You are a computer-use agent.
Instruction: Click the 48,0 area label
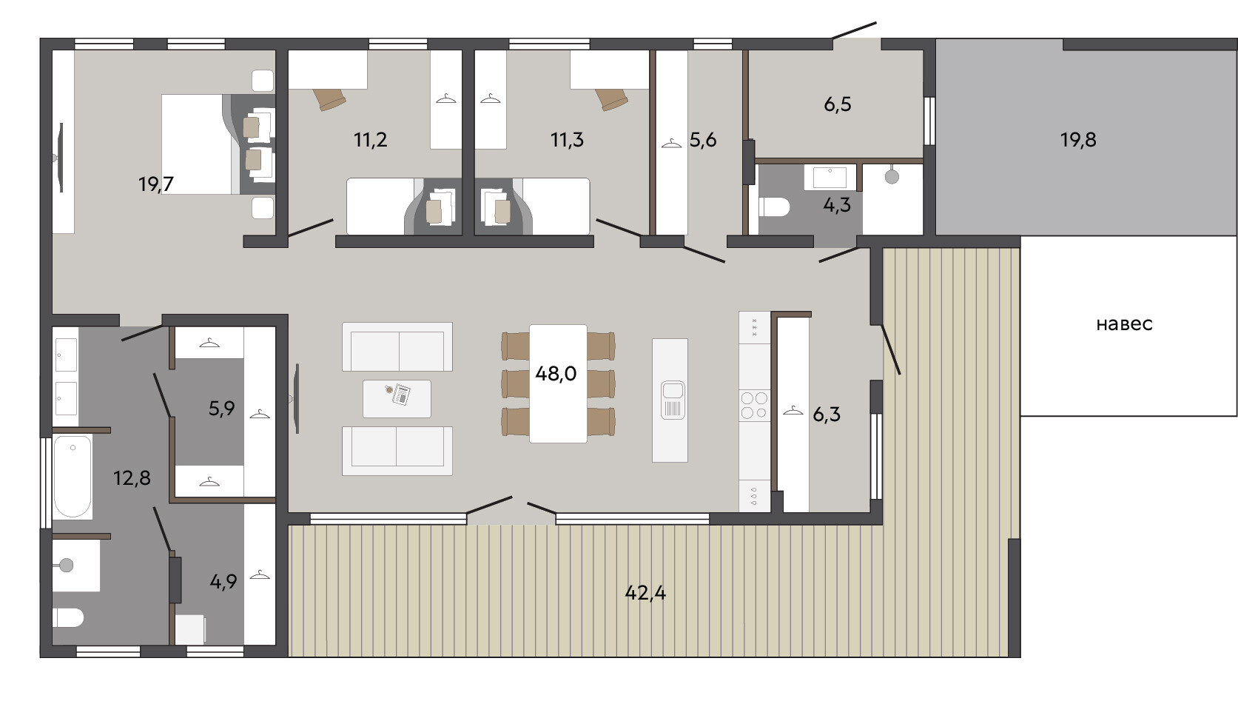pyautogui.click(x=556, y=374)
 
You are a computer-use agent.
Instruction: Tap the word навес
pyautogui.click(x=1124, y=324)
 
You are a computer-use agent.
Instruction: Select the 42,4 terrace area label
pyautogui.click(x=645, y=593)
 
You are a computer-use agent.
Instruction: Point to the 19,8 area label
pyautogui.click(x=1077, y=140)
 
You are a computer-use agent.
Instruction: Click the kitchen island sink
pyautogui.click(x=673, y=399)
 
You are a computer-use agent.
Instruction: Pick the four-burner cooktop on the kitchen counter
pyautogui.click(x=754, y=405)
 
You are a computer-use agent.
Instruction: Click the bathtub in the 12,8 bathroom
pyautogui.click(x=73, y=477)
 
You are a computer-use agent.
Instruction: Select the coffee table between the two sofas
pyautogui.click(x=397, y=398)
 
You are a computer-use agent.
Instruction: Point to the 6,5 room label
pyautogui.click(x=838, y=104)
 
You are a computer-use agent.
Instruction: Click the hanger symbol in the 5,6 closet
pyautogui.click(x=671, y=144)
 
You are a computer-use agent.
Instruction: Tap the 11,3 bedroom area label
pyautogui.click(x=567, y=140)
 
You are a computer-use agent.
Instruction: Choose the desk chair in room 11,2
pyautogui.click(x=329, y=98)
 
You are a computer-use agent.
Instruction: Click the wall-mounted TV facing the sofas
pyautogui.click(x=296, y=398)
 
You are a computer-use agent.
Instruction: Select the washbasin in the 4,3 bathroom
pyautogui.click(x=830, y=177)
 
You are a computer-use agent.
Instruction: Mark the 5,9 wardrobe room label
pyautogui.click(x=221, y=409)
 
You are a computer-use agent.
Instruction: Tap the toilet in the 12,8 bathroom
pyautogui.click(x=68, y=617)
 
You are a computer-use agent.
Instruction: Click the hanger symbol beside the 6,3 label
pyautogui.click(x=793, y=410)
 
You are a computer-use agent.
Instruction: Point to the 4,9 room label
pyautogui.click(x=223, y=582)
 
